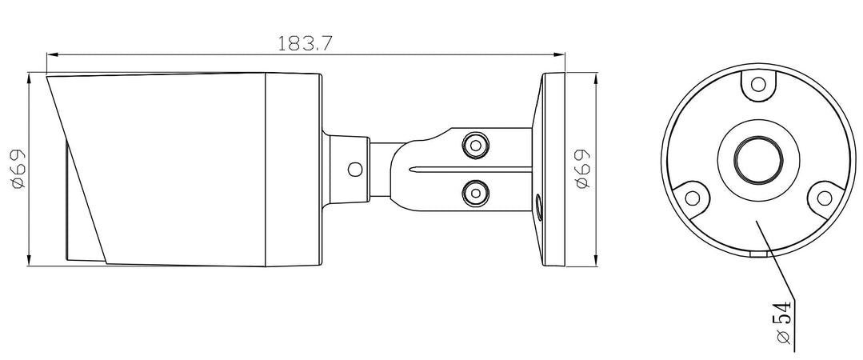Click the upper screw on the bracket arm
(476, 145)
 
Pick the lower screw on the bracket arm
(476, 193)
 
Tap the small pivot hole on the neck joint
(354, 169)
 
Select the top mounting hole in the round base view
(757, 85)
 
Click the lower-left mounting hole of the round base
(693, 196)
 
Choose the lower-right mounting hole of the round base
(821, 196)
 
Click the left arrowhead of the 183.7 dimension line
(52, 55)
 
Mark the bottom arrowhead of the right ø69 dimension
(596, 262)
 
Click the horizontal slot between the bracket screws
(472, 169)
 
